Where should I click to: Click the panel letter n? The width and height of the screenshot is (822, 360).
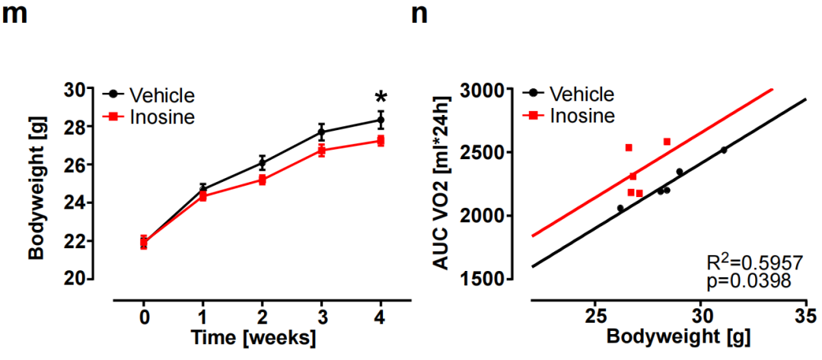pyautogui.click(x=419, y=15)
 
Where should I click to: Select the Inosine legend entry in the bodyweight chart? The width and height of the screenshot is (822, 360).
pyautogui.click(x=159, y=117)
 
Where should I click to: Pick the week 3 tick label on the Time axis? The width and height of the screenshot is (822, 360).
pyautogui.click(x=321, y=316)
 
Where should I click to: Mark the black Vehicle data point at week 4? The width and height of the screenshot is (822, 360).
pyautogui.click(x=381, y=120)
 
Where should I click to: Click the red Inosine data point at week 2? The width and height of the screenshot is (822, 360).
pyautogui.click(x=262, y=180)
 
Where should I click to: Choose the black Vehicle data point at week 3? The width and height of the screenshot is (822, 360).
pyautogui.click(x=321, y=132)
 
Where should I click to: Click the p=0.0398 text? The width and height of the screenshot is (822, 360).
pyautogui.click(x=749, y=282)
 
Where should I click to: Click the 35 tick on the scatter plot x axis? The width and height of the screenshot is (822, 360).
pyautogui.click(x=806, y=315)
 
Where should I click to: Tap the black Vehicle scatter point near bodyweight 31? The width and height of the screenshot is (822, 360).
pyautogui.click(x=723, y=150)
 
